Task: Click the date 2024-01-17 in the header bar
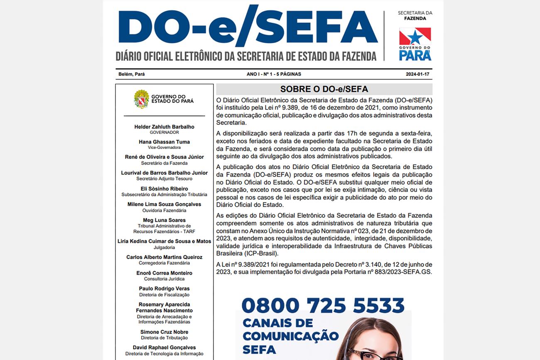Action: coord(417,74)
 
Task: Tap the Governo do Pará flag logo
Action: coord(415,37)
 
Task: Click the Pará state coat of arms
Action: coord(141,99)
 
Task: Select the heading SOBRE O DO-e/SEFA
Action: coord(324,89)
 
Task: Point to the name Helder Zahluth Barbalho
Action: coord(164,127)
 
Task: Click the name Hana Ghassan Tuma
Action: coord(164,142)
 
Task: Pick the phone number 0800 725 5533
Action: coord(323,306)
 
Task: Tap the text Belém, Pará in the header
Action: coord(132,74)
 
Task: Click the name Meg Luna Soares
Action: coord(164,220)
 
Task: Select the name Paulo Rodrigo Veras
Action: coord(164,288)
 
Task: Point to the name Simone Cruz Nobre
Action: coord(164,332)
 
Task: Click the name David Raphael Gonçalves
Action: coord(164,348)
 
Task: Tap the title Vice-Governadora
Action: coord(164,148)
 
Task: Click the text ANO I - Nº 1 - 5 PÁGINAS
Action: coord(274,74)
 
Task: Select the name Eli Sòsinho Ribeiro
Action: coord(164,189)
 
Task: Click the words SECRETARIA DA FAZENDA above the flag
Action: coord(415,16)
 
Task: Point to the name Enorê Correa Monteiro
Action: coord(164,273)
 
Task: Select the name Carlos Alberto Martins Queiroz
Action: coord(164,257)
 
